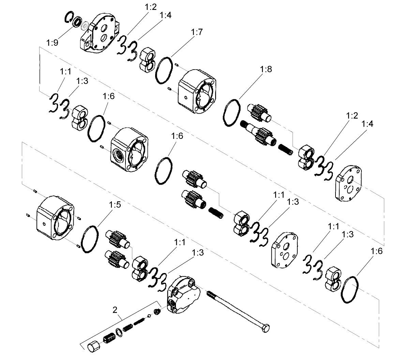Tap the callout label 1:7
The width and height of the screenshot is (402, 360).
coord(197,33)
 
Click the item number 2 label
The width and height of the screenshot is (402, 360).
coord(115,310)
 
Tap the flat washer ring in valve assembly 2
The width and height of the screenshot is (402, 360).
coord(118,331)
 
